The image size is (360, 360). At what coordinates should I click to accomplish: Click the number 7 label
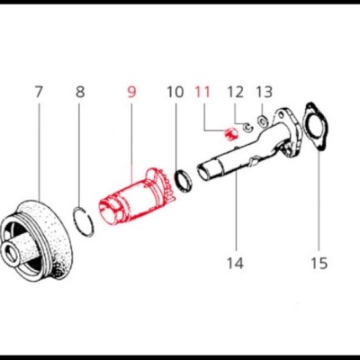click(x=39, y=92)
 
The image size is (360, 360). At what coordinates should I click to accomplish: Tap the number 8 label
click(x=80, y=92)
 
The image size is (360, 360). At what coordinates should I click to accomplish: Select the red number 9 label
click(x=132, y=92)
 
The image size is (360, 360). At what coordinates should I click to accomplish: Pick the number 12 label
click(x=235, y=92)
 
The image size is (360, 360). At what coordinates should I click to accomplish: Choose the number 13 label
click(x=264, y=92)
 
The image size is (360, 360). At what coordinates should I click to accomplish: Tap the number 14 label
click(x=235, y=264)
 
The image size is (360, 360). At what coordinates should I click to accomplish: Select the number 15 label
click(x=319, y=264)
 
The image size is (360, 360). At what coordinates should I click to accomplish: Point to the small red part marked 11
click(x=229, y=134)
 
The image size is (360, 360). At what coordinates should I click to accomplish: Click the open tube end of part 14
click(x=207, y=170)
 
